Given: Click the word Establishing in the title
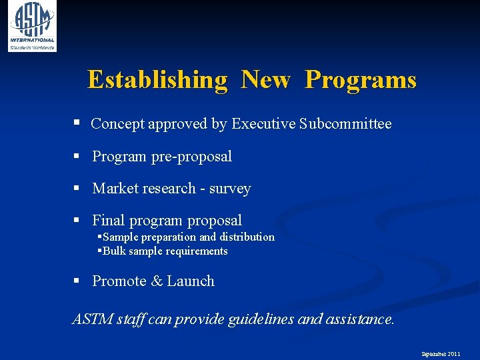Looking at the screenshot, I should click(157, 80).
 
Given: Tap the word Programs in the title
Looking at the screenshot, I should click(361, 80).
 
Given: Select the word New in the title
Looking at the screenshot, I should click(265, 80).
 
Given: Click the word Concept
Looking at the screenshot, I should click(117, 124).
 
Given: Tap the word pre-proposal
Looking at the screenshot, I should click(191, 157).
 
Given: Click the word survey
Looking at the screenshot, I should click(230, 189).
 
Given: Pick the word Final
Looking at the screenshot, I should click(109, 221).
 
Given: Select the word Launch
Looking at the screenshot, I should click(191, 281).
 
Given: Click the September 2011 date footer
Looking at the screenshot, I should click(440, 353).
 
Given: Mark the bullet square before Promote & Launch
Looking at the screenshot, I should click(77, 281).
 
